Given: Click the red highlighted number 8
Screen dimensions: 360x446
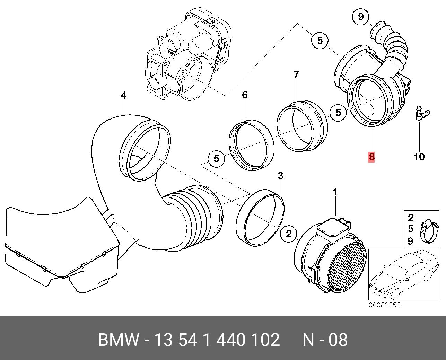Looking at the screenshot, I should coord(371,157).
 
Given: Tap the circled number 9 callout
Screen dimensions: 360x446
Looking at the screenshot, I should coord(361,17).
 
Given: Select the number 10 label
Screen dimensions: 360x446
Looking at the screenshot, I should coord(419,157).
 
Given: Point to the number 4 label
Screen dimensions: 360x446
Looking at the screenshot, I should coord(124,95).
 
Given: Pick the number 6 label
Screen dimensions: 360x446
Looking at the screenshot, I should coord(245,95).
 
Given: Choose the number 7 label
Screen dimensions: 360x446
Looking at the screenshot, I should coord(296,74).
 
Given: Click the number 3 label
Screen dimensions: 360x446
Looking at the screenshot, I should coord(280,176).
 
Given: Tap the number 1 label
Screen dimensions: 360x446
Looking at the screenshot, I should coord(335,192).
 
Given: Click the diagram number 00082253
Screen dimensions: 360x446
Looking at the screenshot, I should coord(384,305).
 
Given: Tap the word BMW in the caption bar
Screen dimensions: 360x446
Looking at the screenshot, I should coord(119,340).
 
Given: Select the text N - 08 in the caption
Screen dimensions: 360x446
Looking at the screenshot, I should coord(325,340).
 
